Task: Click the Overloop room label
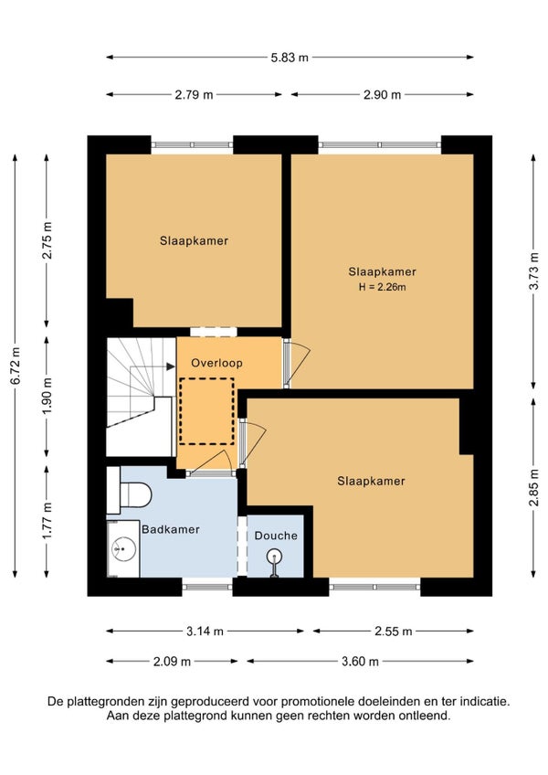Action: pos(216,363)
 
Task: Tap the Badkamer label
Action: pos(171,529)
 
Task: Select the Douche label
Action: pos(276,536)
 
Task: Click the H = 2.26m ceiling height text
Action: pos(382,287)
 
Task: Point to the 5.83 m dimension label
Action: pos(290,58)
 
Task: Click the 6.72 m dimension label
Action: pos(16,366)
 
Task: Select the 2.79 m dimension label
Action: pos(194,94)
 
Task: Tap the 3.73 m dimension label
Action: pos(533,271)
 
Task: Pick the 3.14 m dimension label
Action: pos(205,632)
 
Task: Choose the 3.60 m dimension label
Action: pos(360,662)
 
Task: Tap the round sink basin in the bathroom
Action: pos(123,547)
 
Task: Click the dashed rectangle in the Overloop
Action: pos(206,411)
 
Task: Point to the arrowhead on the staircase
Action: pos(171,366)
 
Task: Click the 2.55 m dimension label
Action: pos(394,632)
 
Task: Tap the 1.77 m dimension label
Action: pos(47,521)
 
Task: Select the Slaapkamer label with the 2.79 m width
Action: pos(194,240)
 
